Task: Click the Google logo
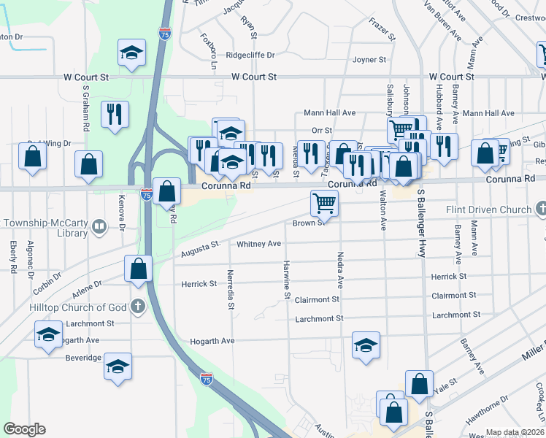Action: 24,429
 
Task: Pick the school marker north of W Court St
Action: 131,53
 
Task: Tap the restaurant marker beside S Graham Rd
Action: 115,114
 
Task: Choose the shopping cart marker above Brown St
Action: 324,202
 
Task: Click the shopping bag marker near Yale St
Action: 420,384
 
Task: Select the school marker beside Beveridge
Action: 117,367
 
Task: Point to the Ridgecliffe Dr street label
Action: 250,55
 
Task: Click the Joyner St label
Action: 369,60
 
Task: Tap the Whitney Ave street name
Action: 259,244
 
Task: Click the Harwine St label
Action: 287,279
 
